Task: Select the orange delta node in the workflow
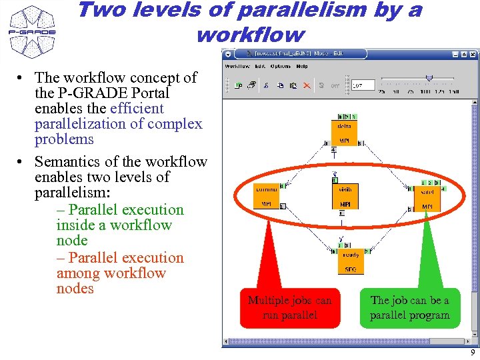pos(345,132)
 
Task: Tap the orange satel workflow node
pos(427,199)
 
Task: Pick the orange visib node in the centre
pos(345,196)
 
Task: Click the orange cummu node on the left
pos(266,196)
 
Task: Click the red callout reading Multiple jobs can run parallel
pos(289,307)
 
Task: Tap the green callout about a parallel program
pos(409,307)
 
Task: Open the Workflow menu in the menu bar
pos(237,66)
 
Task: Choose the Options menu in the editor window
pos(280,66)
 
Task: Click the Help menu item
pos(302,66)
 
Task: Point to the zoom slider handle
pos(429,78)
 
